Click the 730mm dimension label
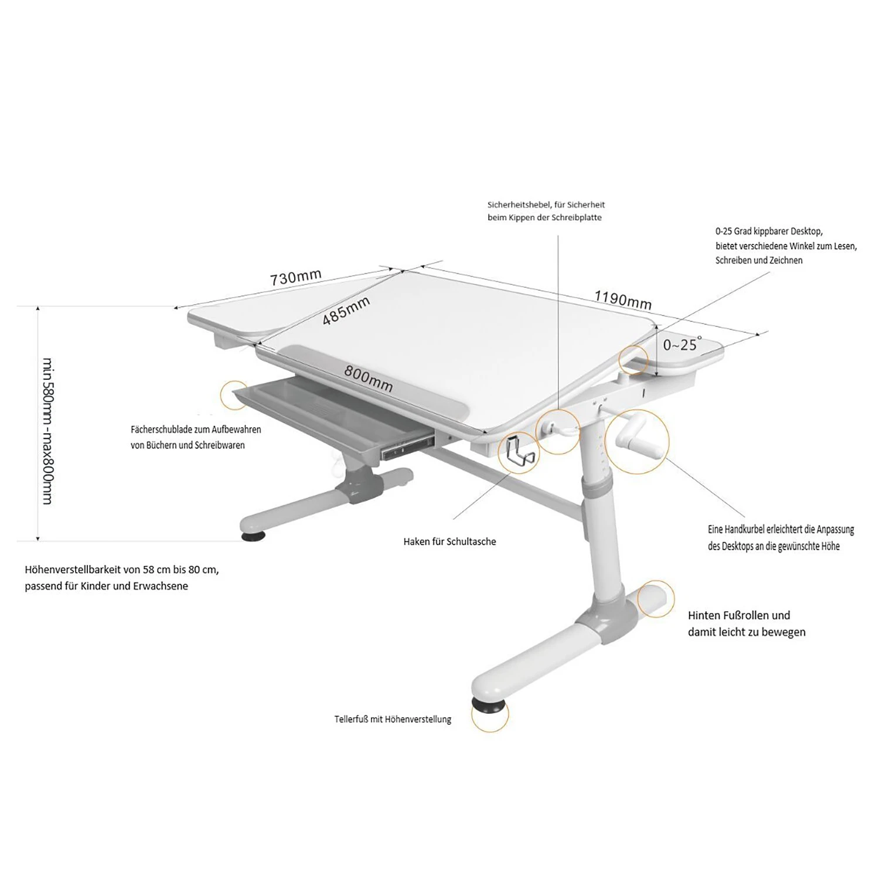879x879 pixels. pos(296,277)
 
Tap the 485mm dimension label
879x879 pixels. pos(346,311)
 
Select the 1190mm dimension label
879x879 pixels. pos(623,299)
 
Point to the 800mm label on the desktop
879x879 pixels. pos(368,379)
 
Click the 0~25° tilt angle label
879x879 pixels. pos(682,344)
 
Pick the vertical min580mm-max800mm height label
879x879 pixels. pos(47,431)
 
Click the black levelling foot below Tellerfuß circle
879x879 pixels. pos(488,704)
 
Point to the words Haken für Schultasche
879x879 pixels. pos(449,541)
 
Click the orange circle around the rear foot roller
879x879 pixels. pos(655,599)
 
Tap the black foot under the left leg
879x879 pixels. pos(253,535)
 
